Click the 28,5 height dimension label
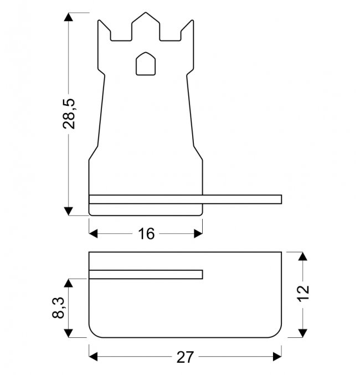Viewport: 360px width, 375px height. (69, 114)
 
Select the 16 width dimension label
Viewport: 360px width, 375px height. (146, 234)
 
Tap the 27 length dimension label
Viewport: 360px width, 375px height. (185, 357)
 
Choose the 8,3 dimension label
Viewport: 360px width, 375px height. (58, 307)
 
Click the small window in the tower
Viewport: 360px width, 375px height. (146, 64)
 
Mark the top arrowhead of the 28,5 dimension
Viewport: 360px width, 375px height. (69, 17)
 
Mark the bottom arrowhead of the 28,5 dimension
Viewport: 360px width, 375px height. (69, 211)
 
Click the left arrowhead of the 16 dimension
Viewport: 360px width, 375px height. (93, 234)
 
